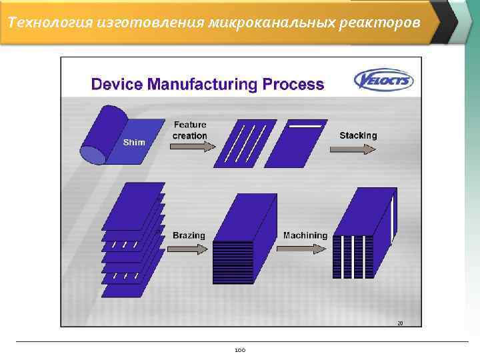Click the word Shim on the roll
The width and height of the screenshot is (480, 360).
tap(133, 143)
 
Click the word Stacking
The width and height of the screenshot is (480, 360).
tap(358, 135)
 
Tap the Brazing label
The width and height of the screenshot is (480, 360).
tap(189, 235)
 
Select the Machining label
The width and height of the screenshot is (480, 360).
tap(305, 235)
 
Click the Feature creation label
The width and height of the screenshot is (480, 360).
tap(190, 130)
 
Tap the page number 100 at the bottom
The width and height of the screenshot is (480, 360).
tap(240, 349)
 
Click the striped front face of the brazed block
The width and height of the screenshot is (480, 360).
tap(233, 262)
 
